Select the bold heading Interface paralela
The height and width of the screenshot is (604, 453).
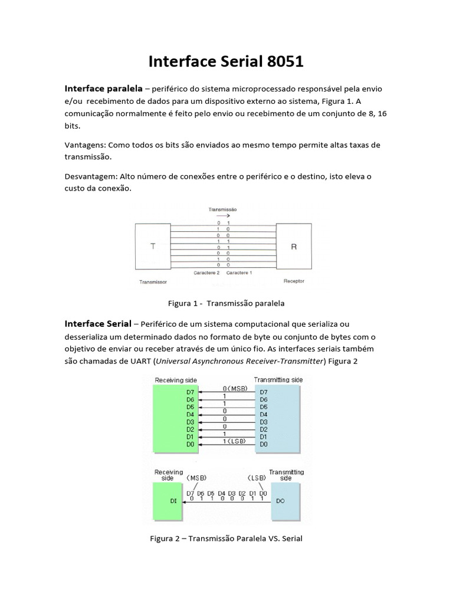point(103,88)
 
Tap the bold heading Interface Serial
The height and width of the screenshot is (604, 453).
point(98,324)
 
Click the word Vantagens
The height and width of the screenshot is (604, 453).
point(84,145)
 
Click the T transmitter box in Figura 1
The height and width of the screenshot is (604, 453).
point(154,247)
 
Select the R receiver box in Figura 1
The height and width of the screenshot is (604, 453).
point(294,247)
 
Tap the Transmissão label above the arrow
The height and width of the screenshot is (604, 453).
point(223,209)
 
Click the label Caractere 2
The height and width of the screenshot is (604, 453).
point(207,274)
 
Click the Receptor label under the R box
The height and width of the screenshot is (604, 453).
point(294,281)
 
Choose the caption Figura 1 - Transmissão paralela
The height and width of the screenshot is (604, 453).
point(226,303)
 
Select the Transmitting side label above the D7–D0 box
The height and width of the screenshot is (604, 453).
point(278,380)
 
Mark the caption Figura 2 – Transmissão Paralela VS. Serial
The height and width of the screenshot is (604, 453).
point(226,539)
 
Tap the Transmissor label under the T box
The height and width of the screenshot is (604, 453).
point(153,282)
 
